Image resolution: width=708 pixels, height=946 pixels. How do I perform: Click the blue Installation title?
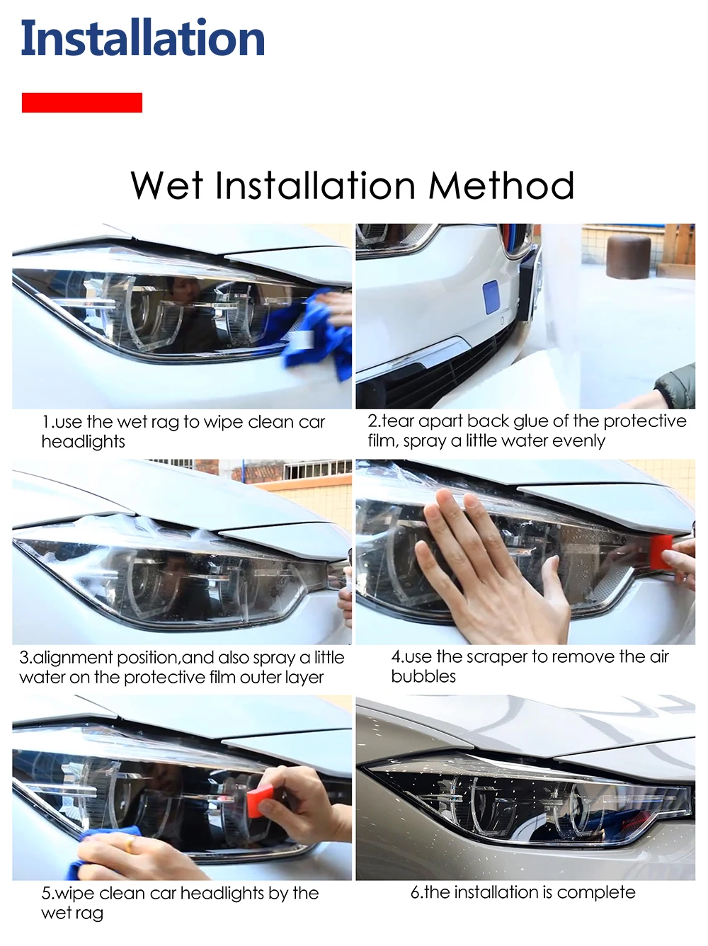tap(142, 38)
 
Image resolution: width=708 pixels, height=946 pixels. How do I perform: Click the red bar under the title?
tap(82, 103)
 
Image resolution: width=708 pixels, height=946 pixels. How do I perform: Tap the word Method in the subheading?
tap(501, 186)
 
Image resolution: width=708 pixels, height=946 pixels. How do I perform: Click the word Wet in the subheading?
tap(167, 186)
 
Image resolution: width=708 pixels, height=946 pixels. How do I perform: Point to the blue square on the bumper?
tap(491, 297)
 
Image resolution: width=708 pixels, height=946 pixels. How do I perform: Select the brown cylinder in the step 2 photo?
tap(628, 257)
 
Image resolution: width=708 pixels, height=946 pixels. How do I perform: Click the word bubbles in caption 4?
tap(423, 676)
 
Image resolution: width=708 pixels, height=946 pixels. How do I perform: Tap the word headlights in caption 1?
tap(83, 442)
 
